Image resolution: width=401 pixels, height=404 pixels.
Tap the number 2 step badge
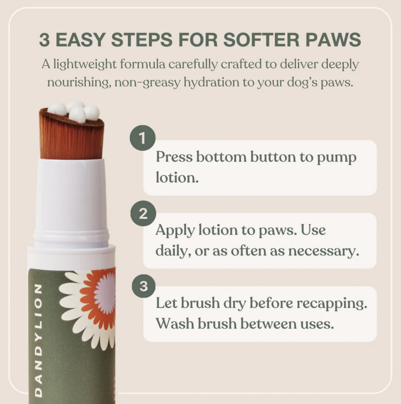(142, 214)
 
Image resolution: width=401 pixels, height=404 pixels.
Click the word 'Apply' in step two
(176, 231)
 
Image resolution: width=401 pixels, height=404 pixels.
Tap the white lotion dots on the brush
(74, 111)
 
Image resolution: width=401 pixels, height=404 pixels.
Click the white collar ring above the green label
(71, 255)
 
